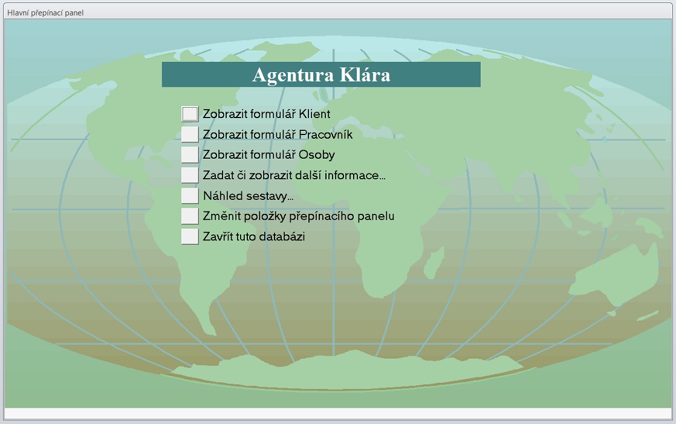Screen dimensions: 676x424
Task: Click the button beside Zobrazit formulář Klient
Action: pos(190,114)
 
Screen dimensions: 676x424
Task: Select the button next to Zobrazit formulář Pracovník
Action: pos(190,134)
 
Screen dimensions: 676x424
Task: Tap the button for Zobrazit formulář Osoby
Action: pos(190,154)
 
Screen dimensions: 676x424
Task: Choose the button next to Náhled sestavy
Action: pos(190,196)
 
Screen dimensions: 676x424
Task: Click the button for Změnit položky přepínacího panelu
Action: pos(190,216)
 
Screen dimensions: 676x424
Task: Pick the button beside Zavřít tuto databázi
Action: pos(190,236)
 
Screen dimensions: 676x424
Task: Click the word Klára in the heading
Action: pos(365,75)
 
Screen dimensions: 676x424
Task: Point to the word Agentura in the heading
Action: pos(293,76)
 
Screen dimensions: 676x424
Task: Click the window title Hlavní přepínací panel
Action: pos(45,13)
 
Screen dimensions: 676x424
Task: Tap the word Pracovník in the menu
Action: pos(325,134)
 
